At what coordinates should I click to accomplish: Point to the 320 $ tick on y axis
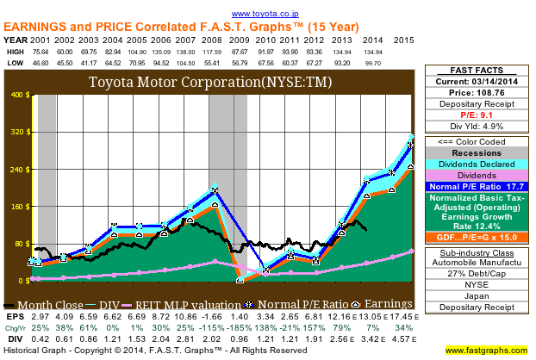click(19, 133)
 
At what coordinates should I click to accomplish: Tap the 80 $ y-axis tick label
click(22, 244)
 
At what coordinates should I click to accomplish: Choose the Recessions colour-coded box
click(484, 152)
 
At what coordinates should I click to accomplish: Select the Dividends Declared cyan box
click(484, 163)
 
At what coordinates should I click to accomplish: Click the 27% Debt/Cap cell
click(484, 272)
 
